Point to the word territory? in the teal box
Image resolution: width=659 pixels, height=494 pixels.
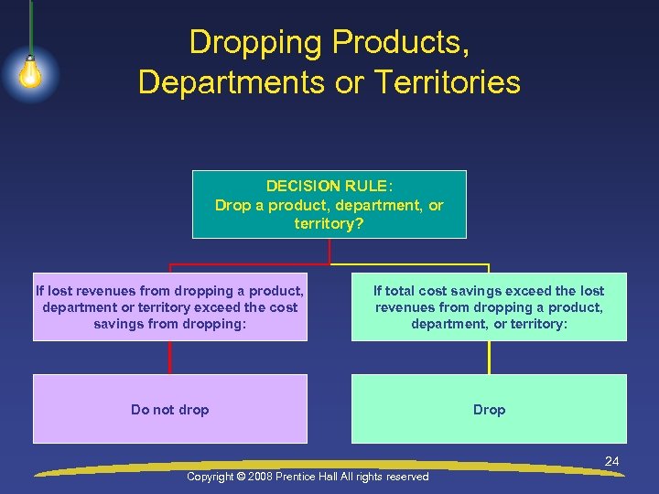coord(329,223)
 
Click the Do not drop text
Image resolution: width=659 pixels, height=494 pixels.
coord(169,410)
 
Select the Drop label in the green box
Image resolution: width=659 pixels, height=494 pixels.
coord(489,410)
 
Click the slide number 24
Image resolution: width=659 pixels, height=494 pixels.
coord(611,462)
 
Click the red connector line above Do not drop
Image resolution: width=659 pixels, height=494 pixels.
coord(169,358)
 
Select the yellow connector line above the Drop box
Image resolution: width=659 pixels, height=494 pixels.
coord(489,358)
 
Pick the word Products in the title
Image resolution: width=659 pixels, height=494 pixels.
coord(398,43)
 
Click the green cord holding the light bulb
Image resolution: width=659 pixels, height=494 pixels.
coord(31,27)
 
